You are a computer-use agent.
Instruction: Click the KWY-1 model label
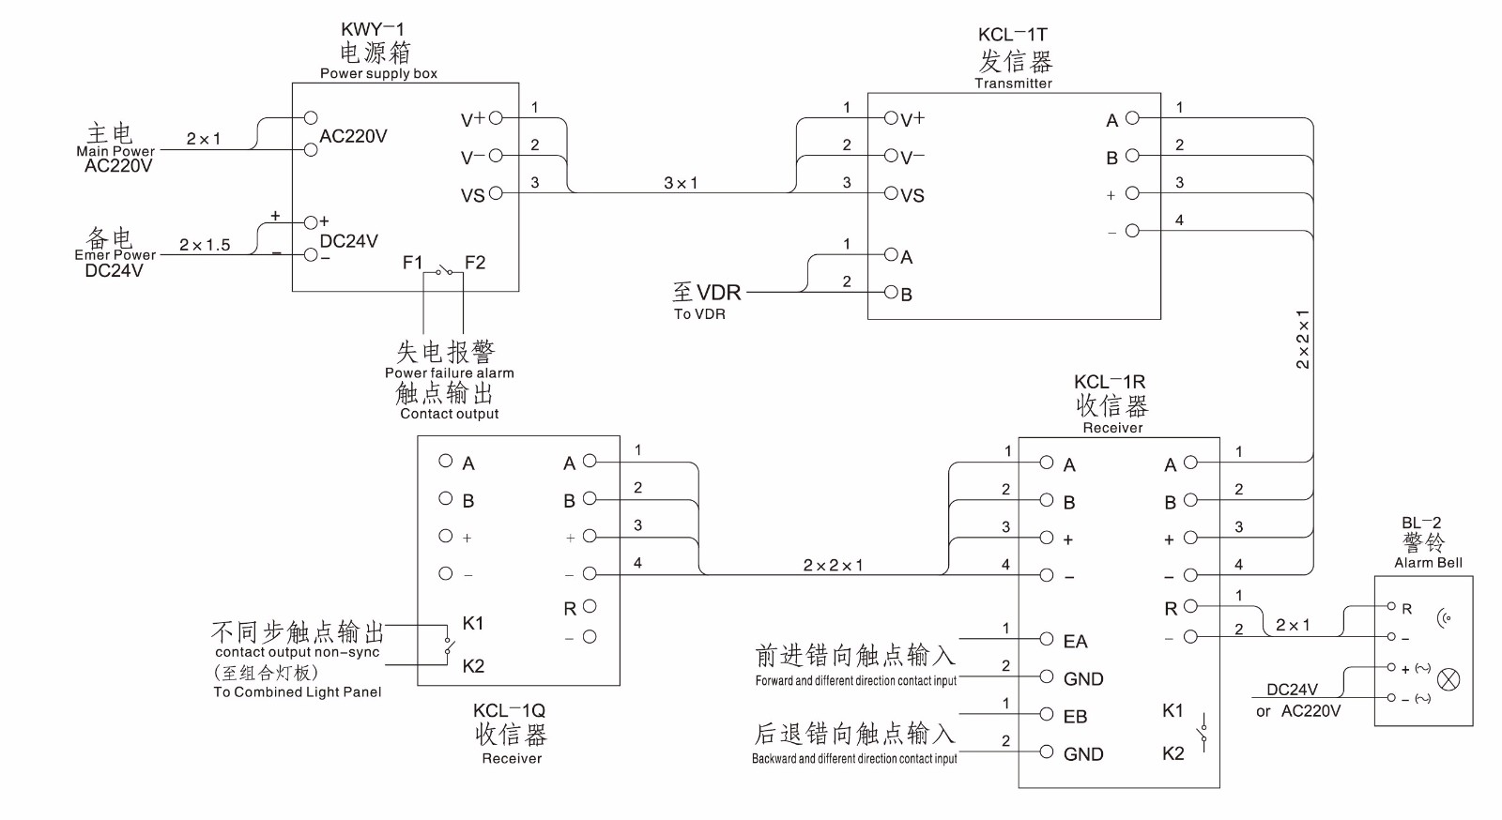point(373,30)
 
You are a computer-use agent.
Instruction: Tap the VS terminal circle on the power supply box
point(497,193)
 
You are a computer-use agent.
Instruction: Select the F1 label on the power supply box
point(412,263)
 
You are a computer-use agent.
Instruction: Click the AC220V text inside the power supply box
point(353,137)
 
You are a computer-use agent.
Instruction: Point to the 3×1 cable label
point(681,183)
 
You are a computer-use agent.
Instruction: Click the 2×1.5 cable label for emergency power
point(205,245)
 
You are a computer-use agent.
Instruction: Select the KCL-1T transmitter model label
point(1013,36)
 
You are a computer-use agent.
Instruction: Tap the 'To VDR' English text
point(699,314)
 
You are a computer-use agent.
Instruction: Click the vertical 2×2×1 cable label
point(1303,339)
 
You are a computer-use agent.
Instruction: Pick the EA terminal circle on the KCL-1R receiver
point(1047,639)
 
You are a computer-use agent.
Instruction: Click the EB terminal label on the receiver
point(1075,717)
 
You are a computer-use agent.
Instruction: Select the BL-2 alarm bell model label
point(1421,524)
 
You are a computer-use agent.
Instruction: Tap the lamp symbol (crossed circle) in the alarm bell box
point(1449,679)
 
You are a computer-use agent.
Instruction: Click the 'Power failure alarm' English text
point(449,373)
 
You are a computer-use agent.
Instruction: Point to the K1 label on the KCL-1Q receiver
point(473,623)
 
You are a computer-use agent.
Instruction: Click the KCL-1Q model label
point(509,711)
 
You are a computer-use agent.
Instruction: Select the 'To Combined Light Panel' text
point(298,692)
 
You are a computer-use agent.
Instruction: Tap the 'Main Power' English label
point(115,151)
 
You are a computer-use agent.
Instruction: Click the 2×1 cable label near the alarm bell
point(1293,625)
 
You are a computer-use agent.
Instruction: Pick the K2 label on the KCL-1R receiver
point(1173,753)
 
